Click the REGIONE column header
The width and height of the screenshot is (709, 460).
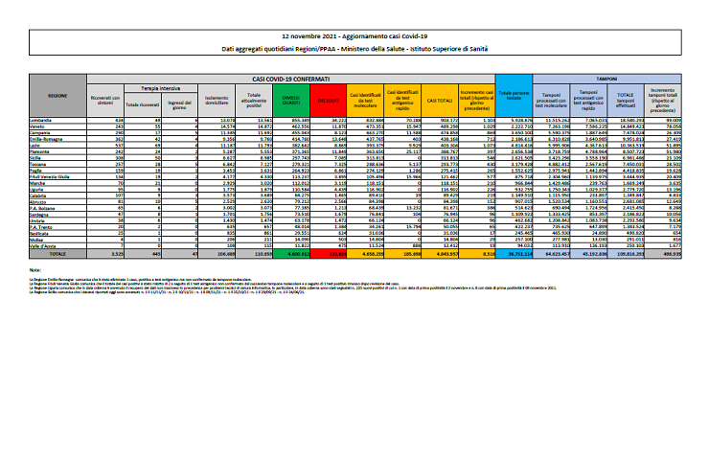57,97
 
